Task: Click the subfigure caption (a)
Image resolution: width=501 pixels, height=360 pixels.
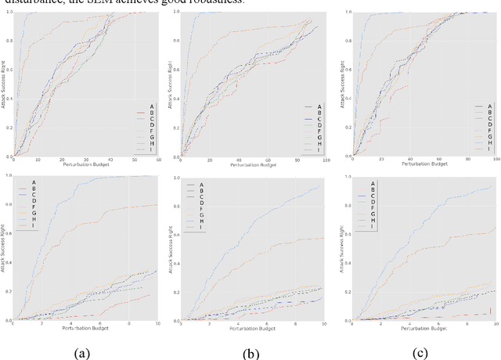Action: pos(82,354)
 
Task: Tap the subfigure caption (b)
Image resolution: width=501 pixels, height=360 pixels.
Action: pos(250,354)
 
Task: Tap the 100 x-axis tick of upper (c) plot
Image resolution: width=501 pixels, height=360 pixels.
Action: pos(496,161)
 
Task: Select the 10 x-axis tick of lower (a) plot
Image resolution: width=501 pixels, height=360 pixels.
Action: pos(157,324)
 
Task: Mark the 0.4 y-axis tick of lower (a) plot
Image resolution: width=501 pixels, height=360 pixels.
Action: pos(7,263)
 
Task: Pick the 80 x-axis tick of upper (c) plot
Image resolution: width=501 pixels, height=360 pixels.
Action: pos(465,161)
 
